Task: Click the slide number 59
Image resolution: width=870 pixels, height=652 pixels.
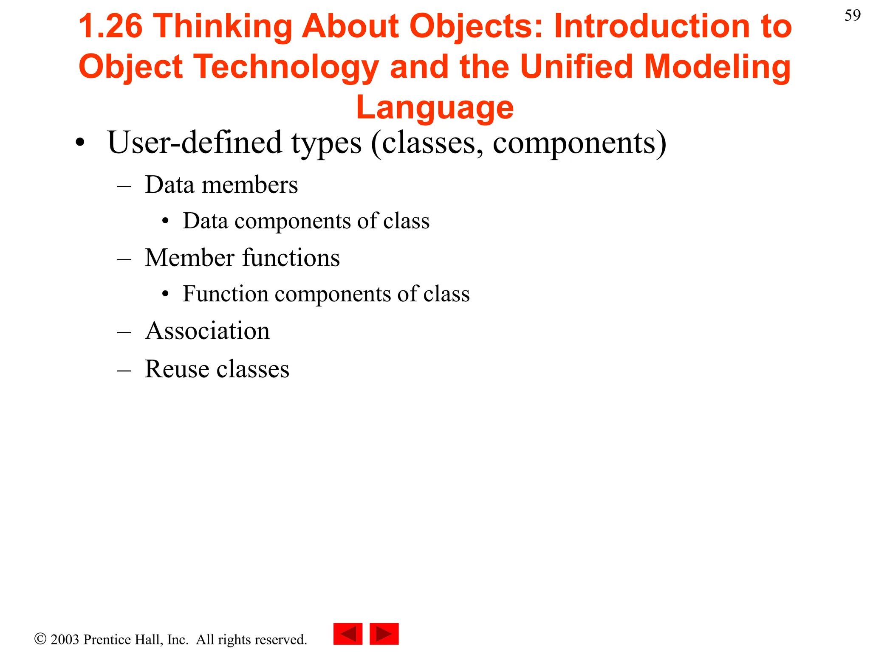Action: (852, 16)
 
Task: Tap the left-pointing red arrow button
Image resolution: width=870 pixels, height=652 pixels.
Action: (348, 634)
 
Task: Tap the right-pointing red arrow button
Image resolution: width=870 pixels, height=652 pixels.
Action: (384, 634)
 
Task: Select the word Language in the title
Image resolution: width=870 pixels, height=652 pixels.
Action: (435, 108)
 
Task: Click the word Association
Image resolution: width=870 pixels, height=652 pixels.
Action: (207, 331)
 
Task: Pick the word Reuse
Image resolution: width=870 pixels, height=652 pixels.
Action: (176, 368)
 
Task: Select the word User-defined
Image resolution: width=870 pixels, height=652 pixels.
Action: (195, 143)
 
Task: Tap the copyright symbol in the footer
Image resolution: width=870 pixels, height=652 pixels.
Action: (40, 639)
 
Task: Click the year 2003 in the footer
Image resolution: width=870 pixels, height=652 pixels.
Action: (65, 640)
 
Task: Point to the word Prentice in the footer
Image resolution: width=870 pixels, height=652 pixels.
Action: (108, 640)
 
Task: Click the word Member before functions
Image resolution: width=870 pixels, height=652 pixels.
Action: (189, 258)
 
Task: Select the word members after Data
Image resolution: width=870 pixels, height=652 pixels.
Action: (249, 185)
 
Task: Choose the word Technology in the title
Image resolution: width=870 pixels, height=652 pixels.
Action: (287, 67)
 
